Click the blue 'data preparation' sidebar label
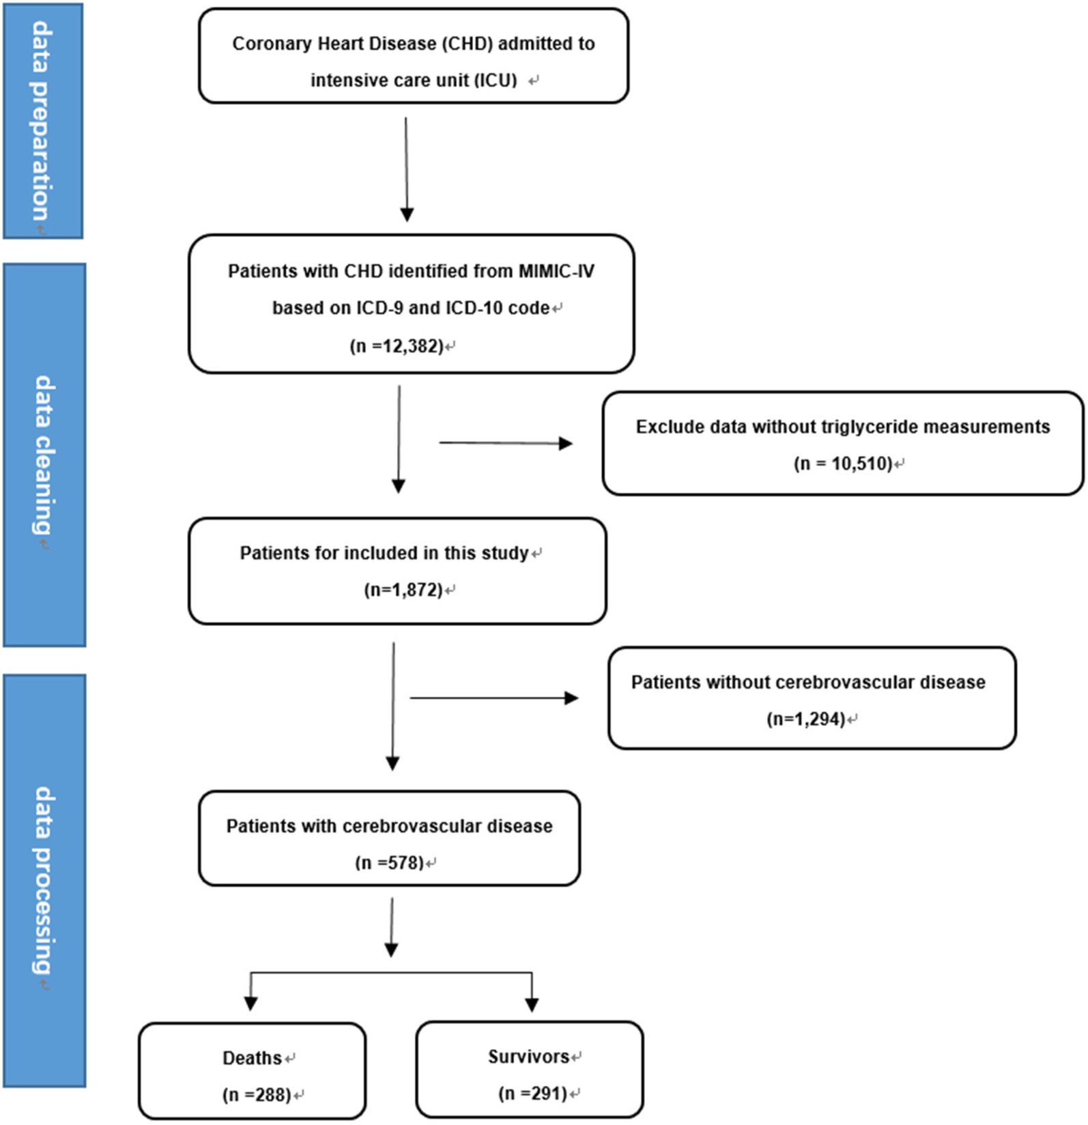click(42, 121)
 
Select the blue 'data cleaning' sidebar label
click(44, 455)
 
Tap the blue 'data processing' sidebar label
click(44, 880)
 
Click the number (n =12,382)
click(397, 345)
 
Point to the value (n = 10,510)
click(843, 464)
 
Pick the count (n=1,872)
click(403, 589)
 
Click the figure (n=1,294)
click(806, 719)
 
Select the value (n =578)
click(390, 863)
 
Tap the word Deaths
click(252, 1058)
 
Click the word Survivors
click(528, 1057)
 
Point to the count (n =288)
click(257, 1095)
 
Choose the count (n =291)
click(533, 1094)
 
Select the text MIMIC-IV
click(556, 271)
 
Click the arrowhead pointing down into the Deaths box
click(250, 1002)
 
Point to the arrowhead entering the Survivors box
click(532, 1003)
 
